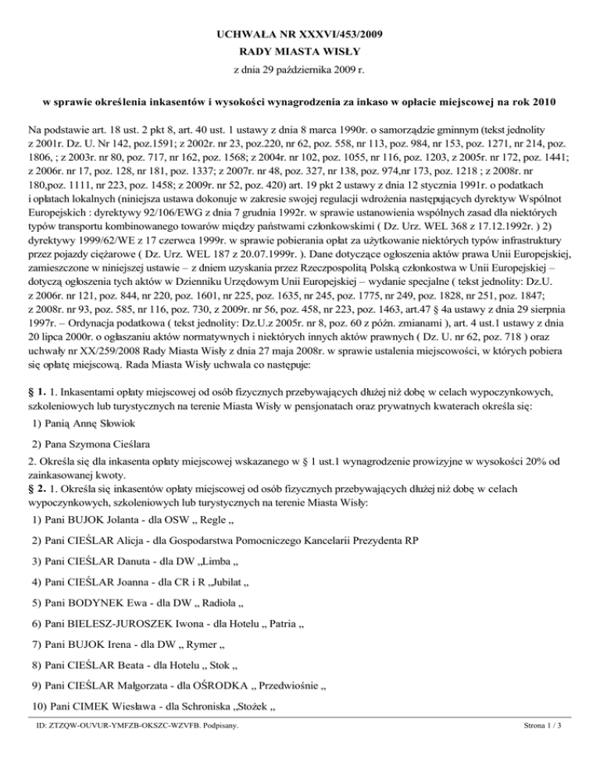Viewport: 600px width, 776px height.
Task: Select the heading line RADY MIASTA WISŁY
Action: coord(300,52)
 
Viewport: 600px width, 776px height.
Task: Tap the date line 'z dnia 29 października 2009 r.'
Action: coord(300,70)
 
